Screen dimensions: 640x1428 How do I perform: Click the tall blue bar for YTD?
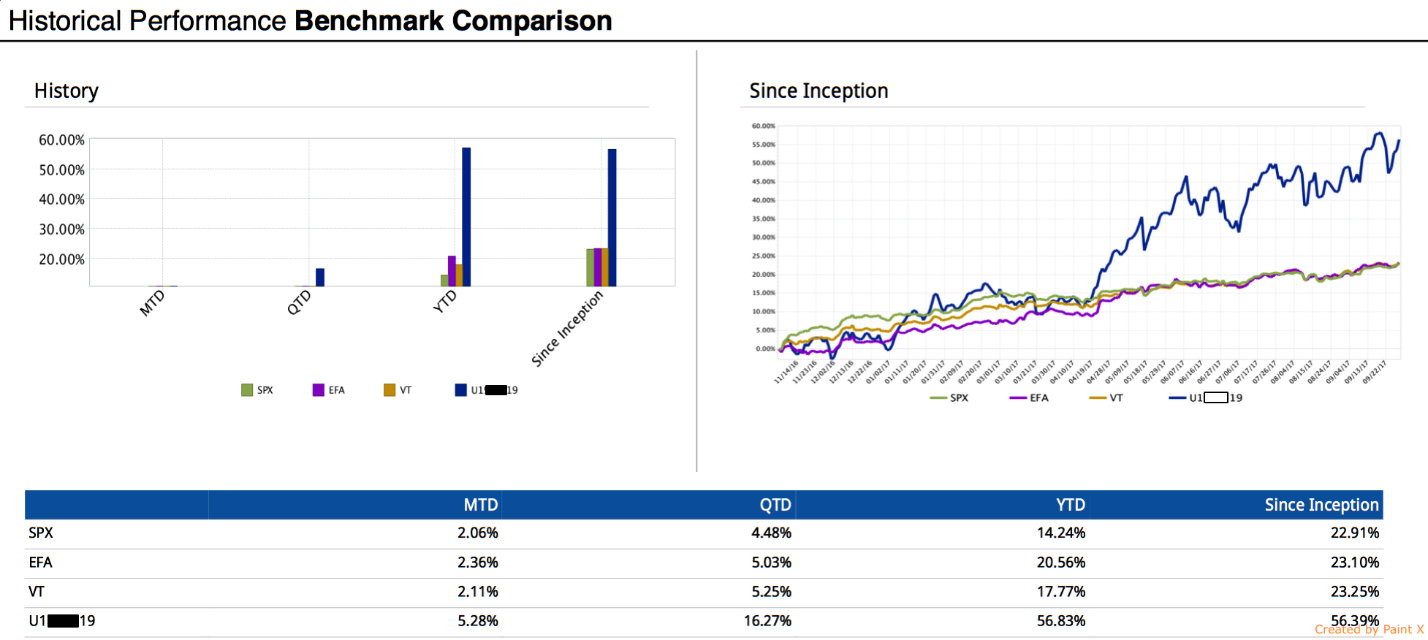coord(466,216)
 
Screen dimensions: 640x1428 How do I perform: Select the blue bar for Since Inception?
coord(612,217)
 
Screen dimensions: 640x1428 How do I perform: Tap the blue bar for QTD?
coord(320,277)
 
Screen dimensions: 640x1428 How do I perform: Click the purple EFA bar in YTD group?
coord(452,271)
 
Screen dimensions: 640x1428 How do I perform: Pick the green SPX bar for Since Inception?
coord(590,267)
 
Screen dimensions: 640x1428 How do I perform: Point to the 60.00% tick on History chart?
coord(61,140)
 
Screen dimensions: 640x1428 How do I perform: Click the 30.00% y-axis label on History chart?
coord(61,229)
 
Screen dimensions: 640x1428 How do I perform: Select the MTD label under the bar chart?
coord(153,302)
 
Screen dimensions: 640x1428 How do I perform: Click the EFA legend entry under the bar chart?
coord(329,390)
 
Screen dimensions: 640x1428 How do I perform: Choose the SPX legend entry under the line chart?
coord(949,398)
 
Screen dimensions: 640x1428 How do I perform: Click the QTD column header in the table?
coord(775,505)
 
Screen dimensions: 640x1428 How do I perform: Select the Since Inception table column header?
coord(1321,505)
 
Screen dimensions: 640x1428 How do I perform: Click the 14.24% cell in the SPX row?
coord(1060,533)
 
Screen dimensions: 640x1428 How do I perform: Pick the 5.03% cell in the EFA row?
coord(771,563)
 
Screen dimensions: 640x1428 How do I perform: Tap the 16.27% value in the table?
coord(767,621)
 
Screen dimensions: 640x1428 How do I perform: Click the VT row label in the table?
coord(37,592)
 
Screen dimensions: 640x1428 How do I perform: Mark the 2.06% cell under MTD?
coord(477,533)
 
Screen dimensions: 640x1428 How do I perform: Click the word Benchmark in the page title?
coord(368,21)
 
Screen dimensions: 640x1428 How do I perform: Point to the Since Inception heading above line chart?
coord(819,91)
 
